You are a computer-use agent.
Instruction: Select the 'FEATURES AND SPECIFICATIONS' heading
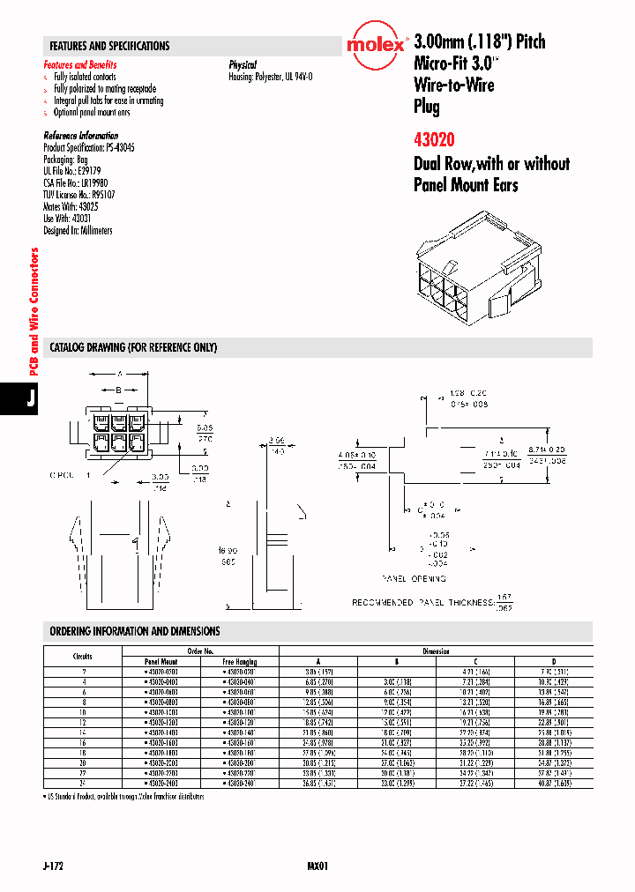tap(109, 46)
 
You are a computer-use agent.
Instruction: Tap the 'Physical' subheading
tap(243, 65)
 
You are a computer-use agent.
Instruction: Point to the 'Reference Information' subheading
tap(80, 136)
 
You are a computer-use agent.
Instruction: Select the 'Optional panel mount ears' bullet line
tap(92, 113)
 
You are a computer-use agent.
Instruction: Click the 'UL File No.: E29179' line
tap(72, 171)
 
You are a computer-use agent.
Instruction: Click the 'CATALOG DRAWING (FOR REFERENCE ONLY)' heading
tap(133, 347)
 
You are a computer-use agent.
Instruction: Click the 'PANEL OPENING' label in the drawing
tap(413, 579)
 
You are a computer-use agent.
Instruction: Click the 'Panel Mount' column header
tap(161, 661)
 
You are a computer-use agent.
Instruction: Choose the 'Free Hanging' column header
tap(240, 661)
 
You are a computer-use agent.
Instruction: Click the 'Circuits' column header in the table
tap(82, 656)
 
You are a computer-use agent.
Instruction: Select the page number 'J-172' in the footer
tap(52, 866)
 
